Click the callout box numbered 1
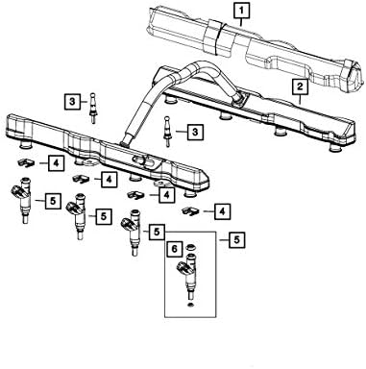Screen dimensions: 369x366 241,13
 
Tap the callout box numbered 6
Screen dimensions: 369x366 173,250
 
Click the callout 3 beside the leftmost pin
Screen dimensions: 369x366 73,100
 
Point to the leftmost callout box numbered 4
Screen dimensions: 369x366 58,163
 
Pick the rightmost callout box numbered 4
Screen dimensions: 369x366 223,209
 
